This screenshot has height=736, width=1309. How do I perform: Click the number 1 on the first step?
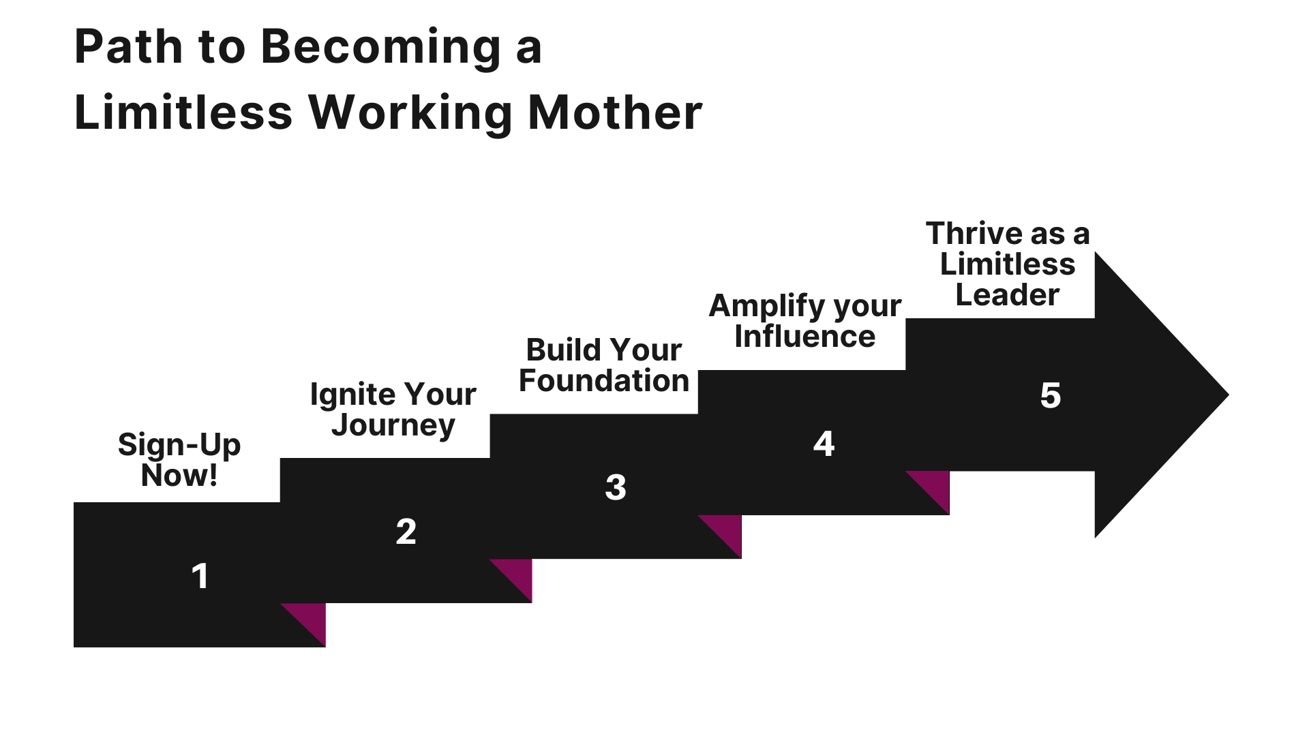pyautogui.click(x=200, y=577)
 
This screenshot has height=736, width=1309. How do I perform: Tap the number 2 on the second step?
pyautogui.click(x=406, y=532)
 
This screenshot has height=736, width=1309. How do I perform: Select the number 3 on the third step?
pyautogui.click(x=616, y=487)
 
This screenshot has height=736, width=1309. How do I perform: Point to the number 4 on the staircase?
pyautogui.click(x=824, y=444)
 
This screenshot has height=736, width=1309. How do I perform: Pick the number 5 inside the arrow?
pyautogui.click(x=1051, y=395)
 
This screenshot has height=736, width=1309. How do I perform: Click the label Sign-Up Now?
pyautogui.click(x=179, y=460)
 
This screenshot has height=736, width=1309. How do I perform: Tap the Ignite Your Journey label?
pyautogui.click(x=393, y=410)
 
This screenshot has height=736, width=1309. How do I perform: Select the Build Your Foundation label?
pyautogui.click(x=604, y=365)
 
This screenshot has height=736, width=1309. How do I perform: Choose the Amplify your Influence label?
pyautogui.click(x=805, y=321)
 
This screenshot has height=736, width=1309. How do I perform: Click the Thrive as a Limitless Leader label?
pyautogui.click(x=1008, y=264)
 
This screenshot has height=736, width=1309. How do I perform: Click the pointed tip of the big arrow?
pyautogui.click(x=1229, y=395)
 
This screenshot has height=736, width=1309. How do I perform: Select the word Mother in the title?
pyautogui.click(x=615, y=112)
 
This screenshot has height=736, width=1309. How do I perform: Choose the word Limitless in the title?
pyautogui.click(x=183, y=112)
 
